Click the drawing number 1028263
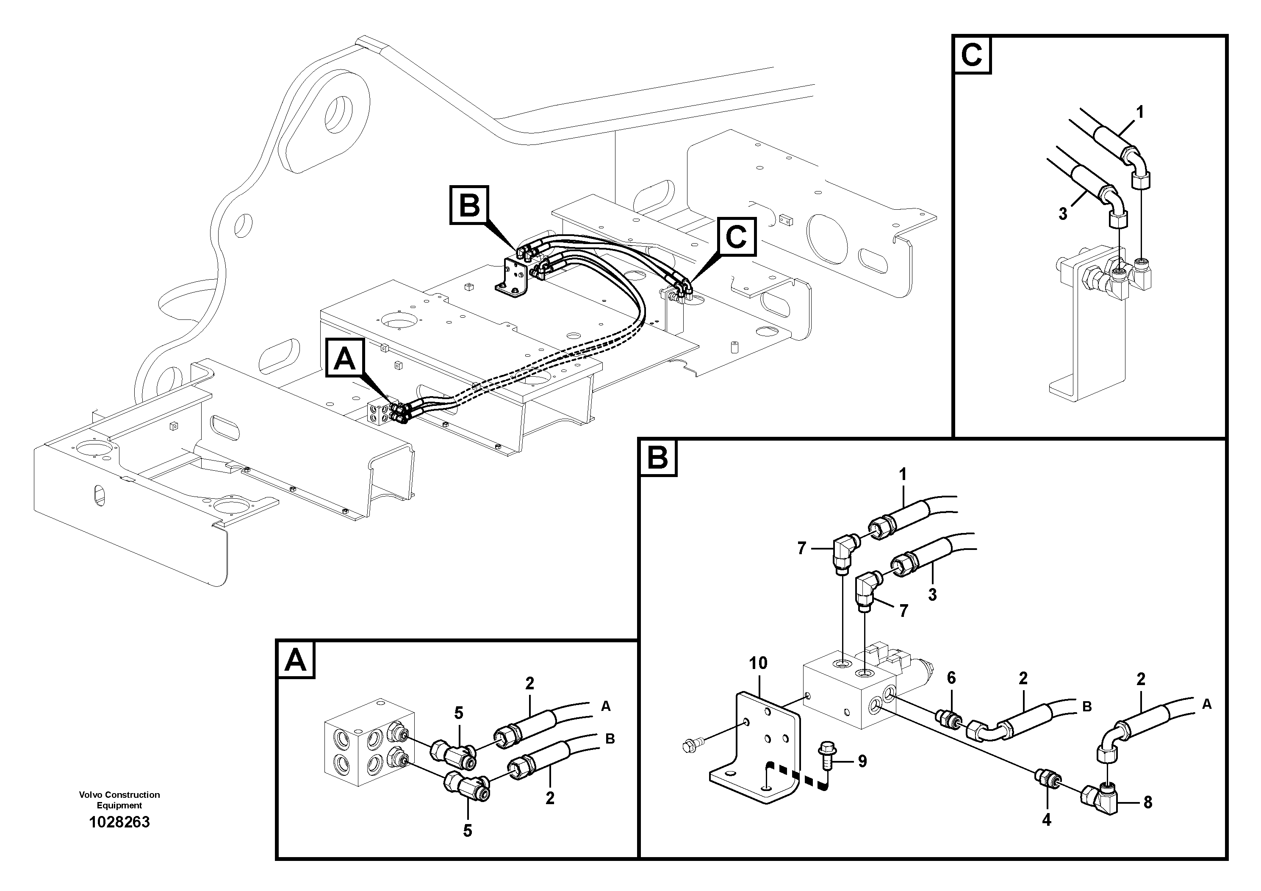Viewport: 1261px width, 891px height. click(119, 822)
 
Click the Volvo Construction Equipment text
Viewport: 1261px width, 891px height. click(119, 800)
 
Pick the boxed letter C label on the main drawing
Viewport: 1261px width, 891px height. click(736, 237)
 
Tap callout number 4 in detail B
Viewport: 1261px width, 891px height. click(1046, 820)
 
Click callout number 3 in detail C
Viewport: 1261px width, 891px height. click(1063, 214)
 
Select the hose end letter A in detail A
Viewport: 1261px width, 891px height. click(605, 706)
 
